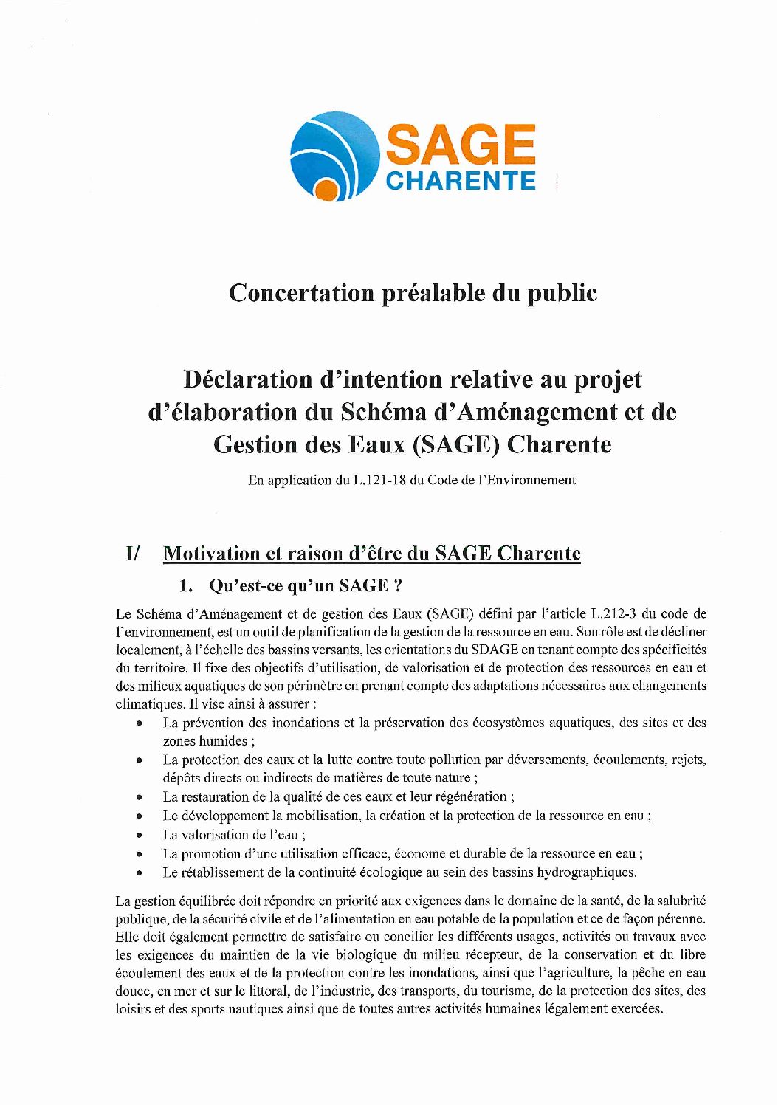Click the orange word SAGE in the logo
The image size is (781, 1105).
click(x=460, y=144)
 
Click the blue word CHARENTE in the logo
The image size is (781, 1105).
click(x=461, y=181)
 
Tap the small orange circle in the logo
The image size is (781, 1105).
click(x=326, y=190)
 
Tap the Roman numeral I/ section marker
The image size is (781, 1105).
click(x=133, y=554)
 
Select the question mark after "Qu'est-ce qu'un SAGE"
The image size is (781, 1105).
click(x=398, y=586)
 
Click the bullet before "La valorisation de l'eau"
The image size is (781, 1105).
click(x=139, y=835)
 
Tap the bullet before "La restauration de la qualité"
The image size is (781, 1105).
click(x=139, y=797)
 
